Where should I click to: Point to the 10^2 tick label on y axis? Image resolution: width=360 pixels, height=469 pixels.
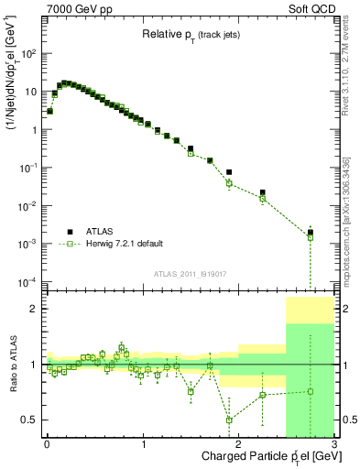point(30,54)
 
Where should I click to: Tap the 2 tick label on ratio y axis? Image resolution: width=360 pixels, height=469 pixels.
point(33,310)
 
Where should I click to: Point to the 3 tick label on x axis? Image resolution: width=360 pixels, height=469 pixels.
point(334,444)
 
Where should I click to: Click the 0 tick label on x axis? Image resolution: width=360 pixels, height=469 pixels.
point(47,444)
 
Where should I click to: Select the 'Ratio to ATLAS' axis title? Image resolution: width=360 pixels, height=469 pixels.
point(12,365)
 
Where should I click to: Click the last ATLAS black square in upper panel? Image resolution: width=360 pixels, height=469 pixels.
point(311,233)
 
